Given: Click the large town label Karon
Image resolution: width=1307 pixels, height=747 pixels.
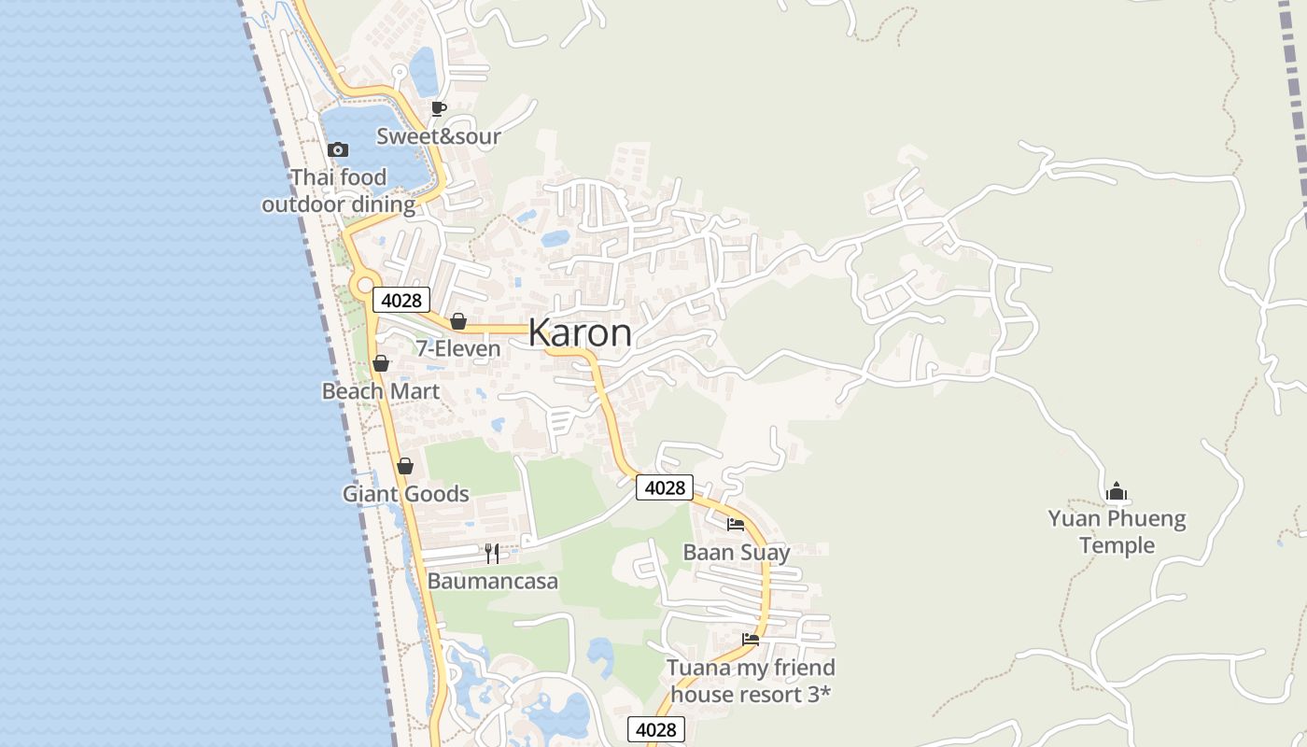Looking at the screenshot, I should (x=580, y=333).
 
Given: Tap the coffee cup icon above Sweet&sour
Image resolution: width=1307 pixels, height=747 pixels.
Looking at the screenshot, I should (x=438, y=109).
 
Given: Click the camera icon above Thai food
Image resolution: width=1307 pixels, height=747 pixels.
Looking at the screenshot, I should (x=338, y=149).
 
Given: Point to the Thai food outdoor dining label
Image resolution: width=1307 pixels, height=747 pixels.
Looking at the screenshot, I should (x=338, y=191).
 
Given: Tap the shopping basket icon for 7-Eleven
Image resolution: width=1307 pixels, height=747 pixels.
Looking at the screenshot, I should (x=458, y=321).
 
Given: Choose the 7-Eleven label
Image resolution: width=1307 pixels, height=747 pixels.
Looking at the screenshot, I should (x=458, y=349).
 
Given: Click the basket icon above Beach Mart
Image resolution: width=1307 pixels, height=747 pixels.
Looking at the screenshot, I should (x=381, y=363).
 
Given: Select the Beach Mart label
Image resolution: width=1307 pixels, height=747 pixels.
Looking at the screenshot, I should (x=381, y=391).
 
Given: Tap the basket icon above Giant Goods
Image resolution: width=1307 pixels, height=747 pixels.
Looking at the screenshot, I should (x=405, y=466).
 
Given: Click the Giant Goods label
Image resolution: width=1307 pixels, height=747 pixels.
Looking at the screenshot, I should (x=405, y=494).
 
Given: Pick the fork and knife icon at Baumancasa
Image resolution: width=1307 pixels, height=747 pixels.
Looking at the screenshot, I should (x=492, y=554).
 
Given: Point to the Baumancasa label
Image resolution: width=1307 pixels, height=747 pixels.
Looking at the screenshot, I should (x=493, y=582).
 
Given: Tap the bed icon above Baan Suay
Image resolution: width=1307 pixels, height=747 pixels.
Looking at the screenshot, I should (x=736, y=524).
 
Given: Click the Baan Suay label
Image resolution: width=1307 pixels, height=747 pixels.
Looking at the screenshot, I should (x=737, y=552).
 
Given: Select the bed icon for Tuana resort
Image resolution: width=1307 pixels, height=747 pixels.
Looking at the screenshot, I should (x=751, y=640).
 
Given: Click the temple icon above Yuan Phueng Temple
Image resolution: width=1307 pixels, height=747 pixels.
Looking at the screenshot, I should (x=1117, y=491).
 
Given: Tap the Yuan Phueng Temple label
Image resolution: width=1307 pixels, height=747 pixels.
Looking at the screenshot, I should (x=1117, y=532).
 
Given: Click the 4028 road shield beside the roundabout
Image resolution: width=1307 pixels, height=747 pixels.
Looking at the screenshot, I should (x=401, y=300).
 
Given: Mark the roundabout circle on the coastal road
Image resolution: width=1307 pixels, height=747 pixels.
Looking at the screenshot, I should (x=364, y=284).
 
